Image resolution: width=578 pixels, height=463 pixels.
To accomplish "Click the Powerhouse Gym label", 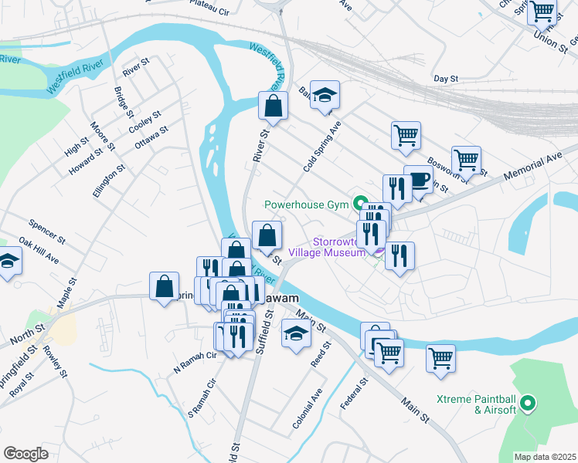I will tap(308, 205).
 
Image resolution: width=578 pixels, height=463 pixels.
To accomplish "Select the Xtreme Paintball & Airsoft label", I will tap(475, 404).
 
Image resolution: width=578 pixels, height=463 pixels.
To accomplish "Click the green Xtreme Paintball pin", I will tap(529, 403).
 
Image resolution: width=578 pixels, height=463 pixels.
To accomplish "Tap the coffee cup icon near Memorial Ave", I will tap(418, 181).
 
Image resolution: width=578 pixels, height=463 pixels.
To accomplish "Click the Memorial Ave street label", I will tap(532, 166).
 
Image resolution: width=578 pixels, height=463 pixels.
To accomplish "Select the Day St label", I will tap(446, 79).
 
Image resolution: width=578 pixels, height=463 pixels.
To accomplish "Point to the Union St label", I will tap(550, 39).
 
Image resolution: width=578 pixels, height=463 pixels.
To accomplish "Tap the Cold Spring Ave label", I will tap(322, 146).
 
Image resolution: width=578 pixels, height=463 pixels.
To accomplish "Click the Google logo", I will tap(26, 453).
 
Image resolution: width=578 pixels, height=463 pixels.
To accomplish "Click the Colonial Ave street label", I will tap(307, 408).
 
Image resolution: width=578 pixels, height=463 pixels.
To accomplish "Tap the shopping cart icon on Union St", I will tap(542, 12).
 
